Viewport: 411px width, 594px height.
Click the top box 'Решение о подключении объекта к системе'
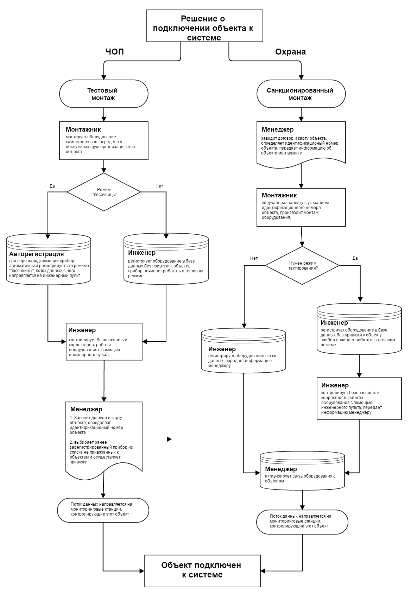(204, 26)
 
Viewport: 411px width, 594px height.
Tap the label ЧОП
(115, 51)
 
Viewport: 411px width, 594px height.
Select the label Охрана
(290, 52)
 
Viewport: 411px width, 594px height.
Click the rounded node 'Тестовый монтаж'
(104, 94)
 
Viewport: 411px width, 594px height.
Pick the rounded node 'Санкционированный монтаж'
(301, 94)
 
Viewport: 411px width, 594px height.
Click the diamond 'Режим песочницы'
(104, 192)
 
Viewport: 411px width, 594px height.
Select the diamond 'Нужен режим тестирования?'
(302, 265)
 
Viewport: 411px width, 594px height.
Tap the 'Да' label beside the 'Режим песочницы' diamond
(52, 186)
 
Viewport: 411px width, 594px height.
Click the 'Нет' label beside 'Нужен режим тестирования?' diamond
(254, 258)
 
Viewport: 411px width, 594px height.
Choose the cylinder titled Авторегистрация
(49, 259)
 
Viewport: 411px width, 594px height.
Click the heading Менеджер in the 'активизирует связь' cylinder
(281, 469)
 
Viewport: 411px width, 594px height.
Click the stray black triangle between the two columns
(169, 439)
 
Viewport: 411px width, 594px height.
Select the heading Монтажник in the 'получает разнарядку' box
(279, 195)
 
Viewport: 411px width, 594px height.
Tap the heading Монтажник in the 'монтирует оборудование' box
(83, 129)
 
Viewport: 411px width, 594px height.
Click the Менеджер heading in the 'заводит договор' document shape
(278, 129)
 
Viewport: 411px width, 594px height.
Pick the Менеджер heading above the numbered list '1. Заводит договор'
(86, 409)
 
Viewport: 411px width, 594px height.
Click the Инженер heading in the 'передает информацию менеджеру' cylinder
(222, 349)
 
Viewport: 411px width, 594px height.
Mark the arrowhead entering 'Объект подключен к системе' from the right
(263, 571)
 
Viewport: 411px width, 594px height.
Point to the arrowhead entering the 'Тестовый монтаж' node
(104, 77)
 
